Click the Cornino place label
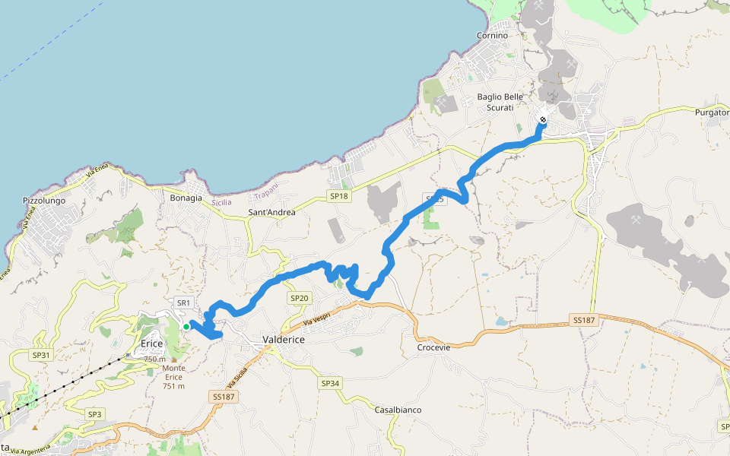click(x=492, y=36)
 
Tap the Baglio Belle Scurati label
click(x=500, y=102)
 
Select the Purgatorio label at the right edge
click(x=712, y=112)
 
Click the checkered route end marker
click(x=543, y=119)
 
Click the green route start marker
click(x=186, y=327)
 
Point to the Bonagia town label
click(x=186, y=198)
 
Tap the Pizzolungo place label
click(x=44, y=201)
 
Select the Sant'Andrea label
click(x=271, y=212)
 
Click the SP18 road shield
click(x=338, y=196)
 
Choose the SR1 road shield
click(x=182, y=302)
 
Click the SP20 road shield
click(x=299, y=299)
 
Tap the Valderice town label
click(x=283, y=340)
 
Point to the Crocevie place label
click(x=433, y=347)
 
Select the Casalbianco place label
click(x=398, y=410)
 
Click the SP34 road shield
click(x=330, y=383)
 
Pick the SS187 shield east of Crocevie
click(x=583, y=321)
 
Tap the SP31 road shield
click(x=40, y=355)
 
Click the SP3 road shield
click(x=94, y=414)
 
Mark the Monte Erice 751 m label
click(x=173, y=377)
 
